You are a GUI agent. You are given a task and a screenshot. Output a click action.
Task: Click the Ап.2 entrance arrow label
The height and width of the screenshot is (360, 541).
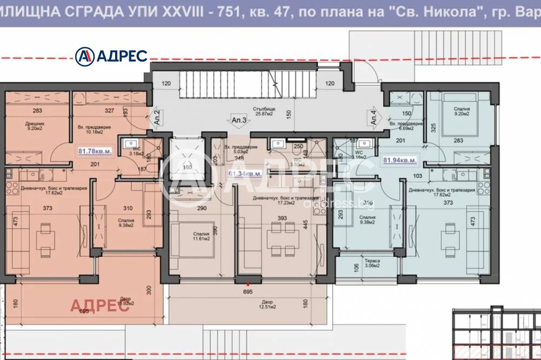tap(156, 117)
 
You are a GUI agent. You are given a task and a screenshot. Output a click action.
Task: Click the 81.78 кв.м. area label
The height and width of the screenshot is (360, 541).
tap(95, 152)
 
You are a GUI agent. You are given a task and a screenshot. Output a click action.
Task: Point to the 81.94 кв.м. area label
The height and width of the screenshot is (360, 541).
tap(400, 161)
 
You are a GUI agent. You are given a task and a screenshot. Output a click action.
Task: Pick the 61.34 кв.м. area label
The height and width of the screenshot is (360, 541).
tap(246, 174)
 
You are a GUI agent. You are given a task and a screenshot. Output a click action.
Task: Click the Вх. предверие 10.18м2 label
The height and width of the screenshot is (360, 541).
tap(94, 128)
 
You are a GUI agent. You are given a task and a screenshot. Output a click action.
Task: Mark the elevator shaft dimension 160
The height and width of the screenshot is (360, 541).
tap(187, 167)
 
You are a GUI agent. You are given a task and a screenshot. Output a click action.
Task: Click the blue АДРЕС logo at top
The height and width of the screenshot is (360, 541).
tap(111, 55)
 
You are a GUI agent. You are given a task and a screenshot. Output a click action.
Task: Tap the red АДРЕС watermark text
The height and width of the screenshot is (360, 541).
tap(100, 305)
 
